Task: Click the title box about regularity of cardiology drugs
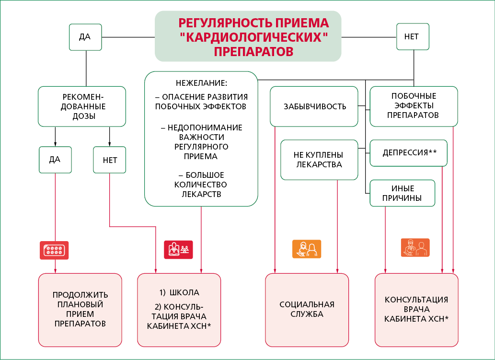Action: click(x=248, y=36)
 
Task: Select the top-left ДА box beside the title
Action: click(x=85, y=37)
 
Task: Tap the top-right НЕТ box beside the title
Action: click(x=413, y=36)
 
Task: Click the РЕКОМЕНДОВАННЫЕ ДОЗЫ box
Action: click(x=82, y=106)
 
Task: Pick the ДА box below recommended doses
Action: click(x=55, y=160)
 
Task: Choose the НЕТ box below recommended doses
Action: click(x=110, y=160)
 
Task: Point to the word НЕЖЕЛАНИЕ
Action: click(x=201, y=83)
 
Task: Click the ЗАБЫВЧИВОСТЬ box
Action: click(x=314, y=106)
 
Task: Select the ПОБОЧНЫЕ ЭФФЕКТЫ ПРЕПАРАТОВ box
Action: click(x=414, y=106)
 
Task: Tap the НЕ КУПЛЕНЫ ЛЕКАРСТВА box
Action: click(x=319, y=160)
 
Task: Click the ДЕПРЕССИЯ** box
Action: click(x=408, y=153)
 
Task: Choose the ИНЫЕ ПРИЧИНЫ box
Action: click(x=402, y=193)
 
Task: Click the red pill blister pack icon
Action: click(x=54, y=250)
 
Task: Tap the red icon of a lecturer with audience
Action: click(x=178, y=250)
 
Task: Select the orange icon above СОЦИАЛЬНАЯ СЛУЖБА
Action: click(x=307, y=249)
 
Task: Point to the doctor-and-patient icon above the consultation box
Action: click(x=415, y=247)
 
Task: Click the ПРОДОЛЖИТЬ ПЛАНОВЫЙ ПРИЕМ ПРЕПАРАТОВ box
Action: click(x=80, y=310)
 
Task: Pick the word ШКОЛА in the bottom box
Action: click(x=184, y=292)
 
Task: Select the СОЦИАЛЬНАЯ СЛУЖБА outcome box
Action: click(x=307, y=310)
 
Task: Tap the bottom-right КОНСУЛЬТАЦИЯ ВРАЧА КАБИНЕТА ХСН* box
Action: click(x=416, y=310)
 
